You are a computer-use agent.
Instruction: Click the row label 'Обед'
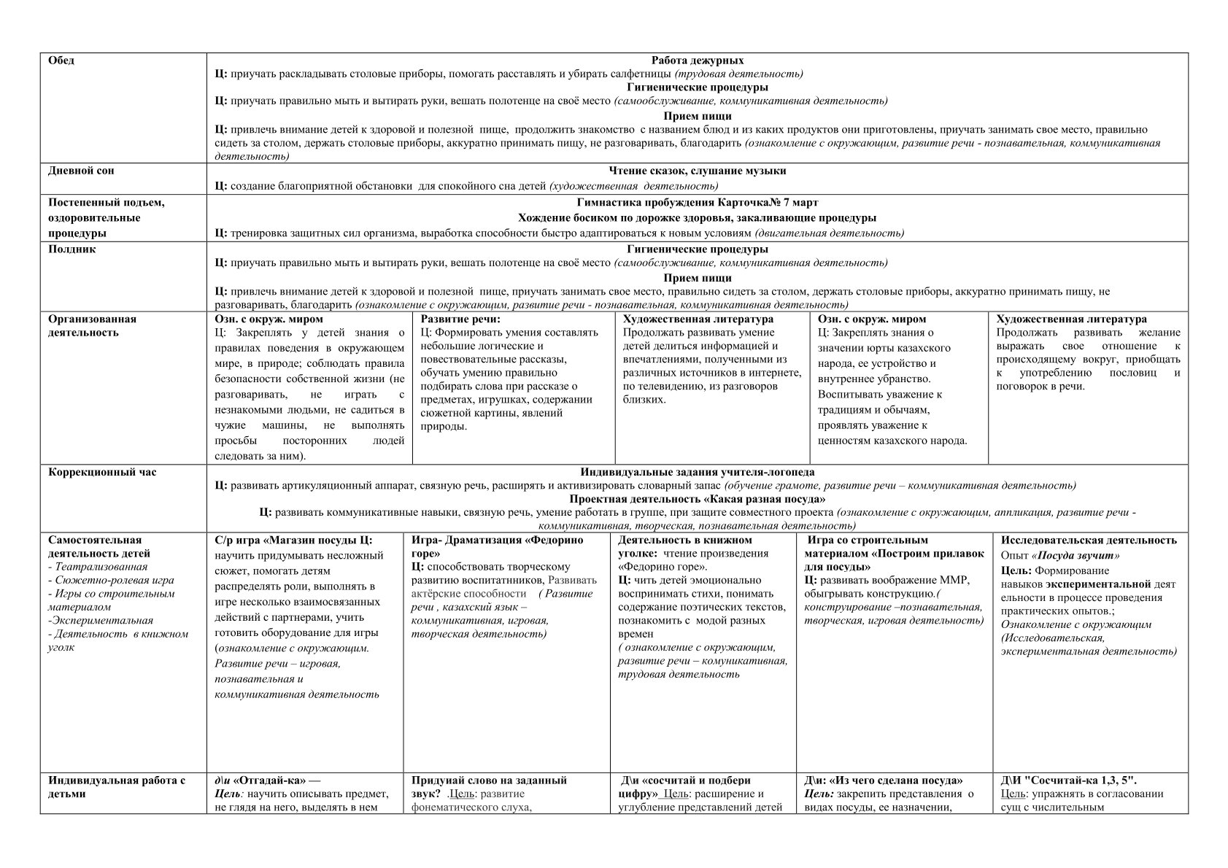(61, 61)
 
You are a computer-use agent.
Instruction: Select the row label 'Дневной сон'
(81, 171)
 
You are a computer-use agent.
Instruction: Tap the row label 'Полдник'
(72, 249)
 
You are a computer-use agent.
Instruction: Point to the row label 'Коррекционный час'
(102, 472)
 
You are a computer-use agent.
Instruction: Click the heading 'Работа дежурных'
(697, 61)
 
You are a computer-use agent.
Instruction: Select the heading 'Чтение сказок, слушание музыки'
(697, 171)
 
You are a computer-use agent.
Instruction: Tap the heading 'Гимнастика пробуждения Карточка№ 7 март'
(697, 203)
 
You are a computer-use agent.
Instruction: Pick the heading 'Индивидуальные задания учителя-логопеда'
(697, 472)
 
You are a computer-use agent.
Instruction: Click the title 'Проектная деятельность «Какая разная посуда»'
(697, 499)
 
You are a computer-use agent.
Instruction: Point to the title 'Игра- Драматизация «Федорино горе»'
(497, 546)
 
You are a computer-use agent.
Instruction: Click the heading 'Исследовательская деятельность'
(1088, 540)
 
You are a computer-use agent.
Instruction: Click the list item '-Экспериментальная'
(100, 621)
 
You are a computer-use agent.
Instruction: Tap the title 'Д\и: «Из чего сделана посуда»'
(883, 780)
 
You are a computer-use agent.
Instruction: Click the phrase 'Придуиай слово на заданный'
(489, 780)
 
